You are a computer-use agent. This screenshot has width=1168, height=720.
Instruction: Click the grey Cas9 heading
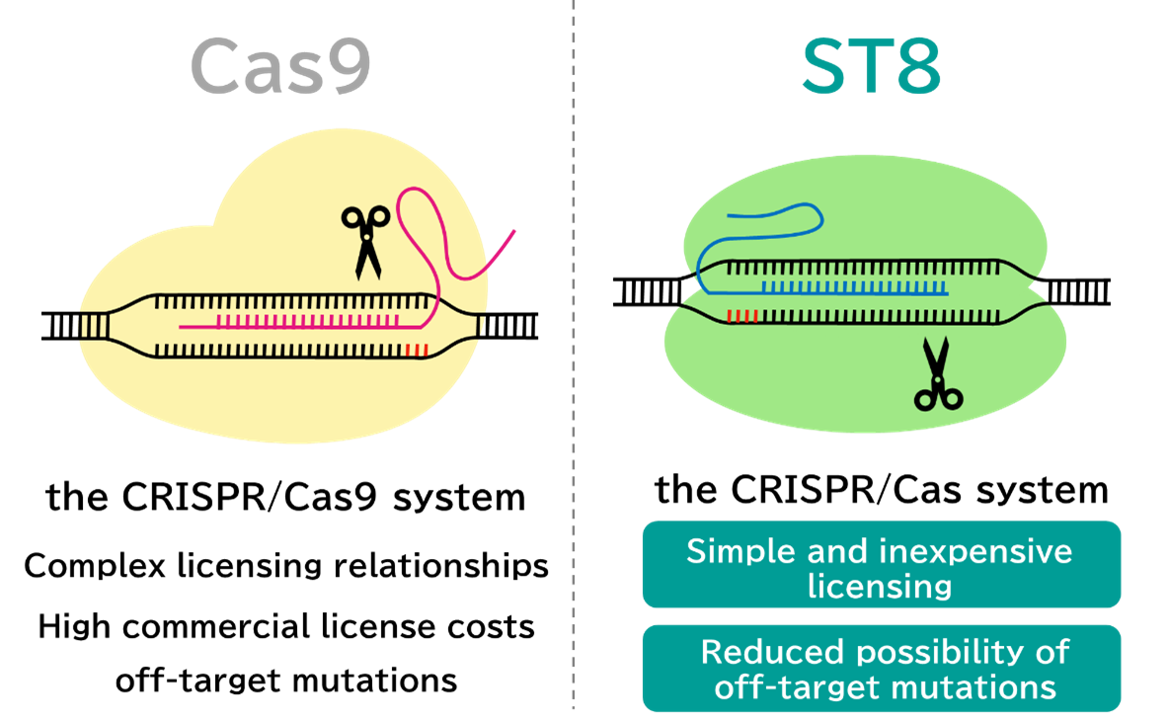pos(280,68)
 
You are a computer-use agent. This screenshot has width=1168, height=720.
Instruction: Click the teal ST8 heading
pos(870,68)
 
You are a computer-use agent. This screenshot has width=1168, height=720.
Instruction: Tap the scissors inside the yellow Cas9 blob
pos(365,239)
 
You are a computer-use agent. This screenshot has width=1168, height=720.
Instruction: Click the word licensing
pos(880,586)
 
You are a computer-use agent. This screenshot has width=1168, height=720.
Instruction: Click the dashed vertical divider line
pos(573,395)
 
